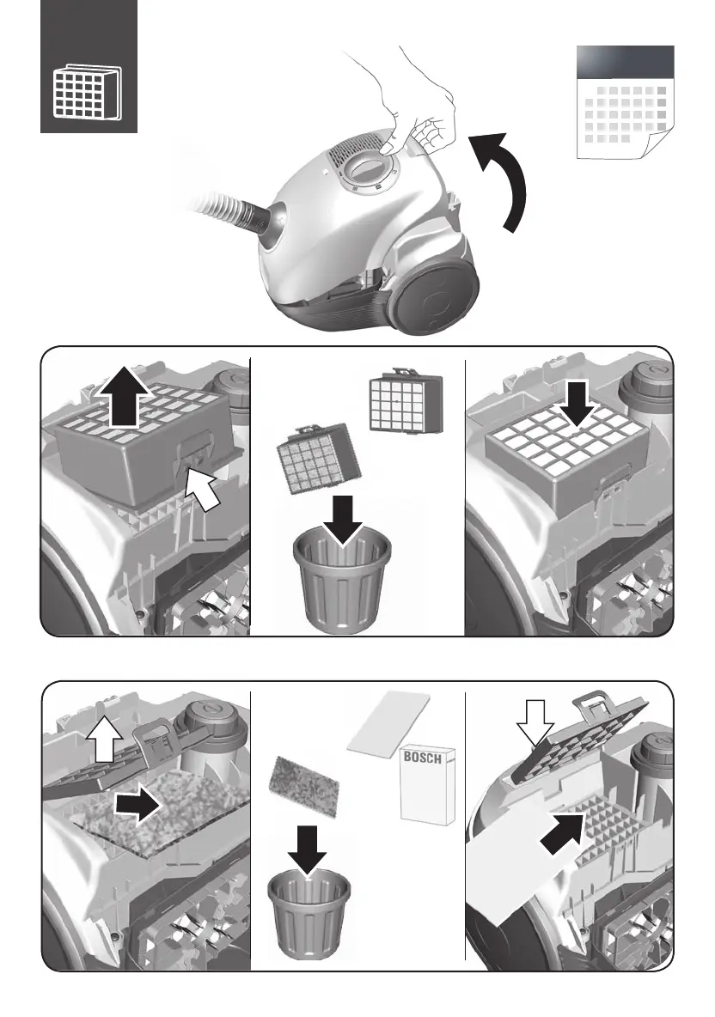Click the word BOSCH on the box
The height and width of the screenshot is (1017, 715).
coord(422,757)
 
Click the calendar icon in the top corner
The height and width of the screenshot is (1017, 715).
coord(625,102)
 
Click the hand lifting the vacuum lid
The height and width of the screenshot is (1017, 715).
coord(415,100)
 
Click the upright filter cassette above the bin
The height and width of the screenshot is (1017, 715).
coord(406,402)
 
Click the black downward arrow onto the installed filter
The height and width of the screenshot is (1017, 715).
coord(577,405)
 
